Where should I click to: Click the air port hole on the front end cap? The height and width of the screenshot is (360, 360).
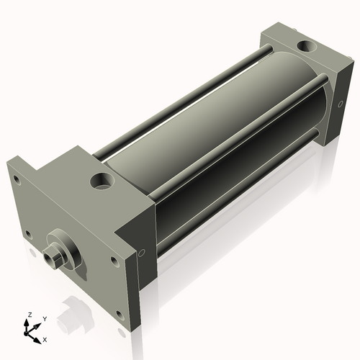click(x=102, y=179)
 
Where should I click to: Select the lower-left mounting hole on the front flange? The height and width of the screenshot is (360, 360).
click(x=28, y=235)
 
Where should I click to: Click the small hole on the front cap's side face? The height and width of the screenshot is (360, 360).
click(x=141, y=253)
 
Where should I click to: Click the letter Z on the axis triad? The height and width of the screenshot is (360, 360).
click(x=30, y=315)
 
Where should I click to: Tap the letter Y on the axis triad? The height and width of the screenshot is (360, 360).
click(x=44, y=318)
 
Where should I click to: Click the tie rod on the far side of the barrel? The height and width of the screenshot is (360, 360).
click(x=187, y=101)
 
